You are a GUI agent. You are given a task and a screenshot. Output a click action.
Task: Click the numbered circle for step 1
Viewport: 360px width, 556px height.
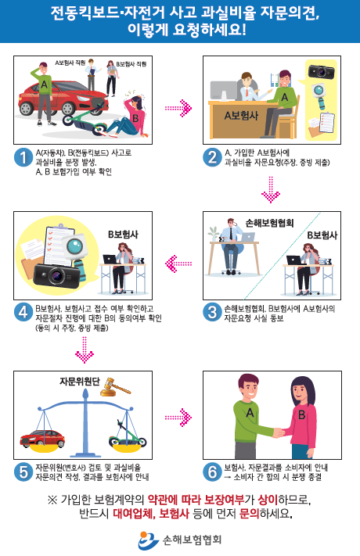click(23, 158)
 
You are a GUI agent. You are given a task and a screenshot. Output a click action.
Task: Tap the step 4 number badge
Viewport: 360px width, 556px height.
click(23, 313)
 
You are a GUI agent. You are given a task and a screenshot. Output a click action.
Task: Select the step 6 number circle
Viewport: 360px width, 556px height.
click(212, 472)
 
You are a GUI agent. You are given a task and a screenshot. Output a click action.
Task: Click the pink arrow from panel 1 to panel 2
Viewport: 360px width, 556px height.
click(178, 108)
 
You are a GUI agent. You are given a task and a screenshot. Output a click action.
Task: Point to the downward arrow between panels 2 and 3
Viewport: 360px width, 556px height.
click(271, 190)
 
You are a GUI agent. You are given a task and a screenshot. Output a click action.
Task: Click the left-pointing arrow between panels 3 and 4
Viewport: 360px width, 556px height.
click(178, 264)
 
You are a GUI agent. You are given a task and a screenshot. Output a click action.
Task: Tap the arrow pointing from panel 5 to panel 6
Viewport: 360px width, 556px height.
click(178, 418)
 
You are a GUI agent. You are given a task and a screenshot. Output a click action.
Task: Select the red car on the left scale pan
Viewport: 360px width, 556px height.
click(42, 438)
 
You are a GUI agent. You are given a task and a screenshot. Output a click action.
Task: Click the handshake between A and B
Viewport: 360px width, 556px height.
click(279, 432)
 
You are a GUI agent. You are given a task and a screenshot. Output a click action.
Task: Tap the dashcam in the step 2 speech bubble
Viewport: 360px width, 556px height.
click(322, 72)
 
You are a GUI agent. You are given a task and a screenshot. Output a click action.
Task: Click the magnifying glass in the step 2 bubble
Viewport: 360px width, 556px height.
click(319, 95)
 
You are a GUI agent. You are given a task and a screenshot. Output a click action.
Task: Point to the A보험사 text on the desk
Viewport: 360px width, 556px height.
click(241, 115)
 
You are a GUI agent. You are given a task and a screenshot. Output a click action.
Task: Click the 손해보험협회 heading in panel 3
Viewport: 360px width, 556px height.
click(270, 223)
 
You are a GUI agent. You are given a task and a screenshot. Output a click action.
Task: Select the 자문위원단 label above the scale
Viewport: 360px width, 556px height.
click(80, 381)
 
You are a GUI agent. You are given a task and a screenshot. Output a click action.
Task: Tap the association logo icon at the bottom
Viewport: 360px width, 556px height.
click(149, 540)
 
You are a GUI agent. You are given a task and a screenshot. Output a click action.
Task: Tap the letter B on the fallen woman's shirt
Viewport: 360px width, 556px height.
click(135, 118)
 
